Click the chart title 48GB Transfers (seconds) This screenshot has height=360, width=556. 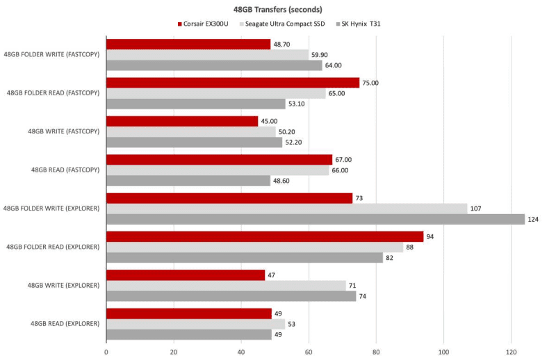pos(277,9)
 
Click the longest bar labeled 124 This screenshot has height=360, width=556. pos(315,219)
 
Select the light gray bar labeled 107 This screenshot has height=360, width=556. pos(286,208)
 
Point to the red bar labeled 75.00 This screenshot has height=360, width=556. pos(232,83)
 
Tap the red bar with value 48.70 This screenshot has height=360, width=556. pos(188,44)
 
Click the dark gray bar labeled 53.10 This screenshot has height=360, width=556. pos(195,104)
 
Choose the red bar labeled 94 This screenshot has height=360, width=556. pos(264,236)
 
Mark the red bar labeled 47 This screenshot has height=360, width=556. pos(185,275)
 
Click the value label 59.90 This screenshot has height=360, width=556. pos(320,55)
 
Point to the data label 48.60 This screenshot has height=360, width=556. pos(282,181)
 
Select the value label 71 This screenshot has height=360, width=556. pos(352,285)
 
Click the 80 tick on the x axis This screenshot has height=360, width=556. pos(376,352)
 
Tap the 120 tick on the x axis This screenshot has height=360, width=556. pos(511,352)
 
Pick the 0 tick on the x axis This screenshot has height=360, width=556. pos(106,352)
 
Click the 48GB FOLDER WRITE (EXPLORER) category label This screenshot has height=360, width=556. pos(51,208)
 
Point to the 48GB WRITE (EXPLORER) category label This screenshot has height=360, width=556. pos(64,285)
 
